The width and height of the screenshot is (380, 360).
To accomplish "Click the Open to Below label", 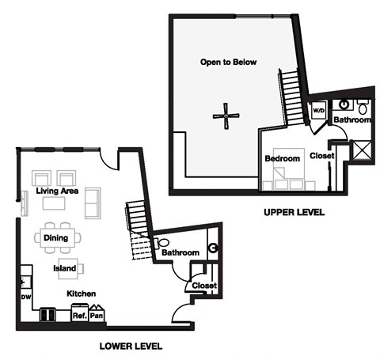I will point(228,62).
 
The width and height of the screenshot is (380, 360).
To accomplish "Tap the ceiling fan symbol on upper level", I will point(226,117).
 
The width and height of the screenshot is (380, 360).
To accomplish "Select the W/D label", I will point(320,111).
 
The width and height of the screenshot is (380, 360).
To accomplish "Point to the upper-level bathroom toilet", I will point(363,105).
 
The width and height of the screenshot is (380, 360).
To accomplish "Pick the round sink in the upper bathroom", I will point(345,104).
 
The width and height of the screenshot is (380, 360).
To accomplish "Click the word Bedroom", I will point(282,159).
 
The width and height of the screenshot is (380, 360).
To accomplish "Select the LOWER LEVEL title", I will point(131,346).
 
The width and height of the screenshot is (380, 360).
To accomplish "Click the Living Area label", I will point(57,191).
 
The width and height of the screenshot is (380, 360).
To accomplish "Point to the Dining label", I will point(56,237).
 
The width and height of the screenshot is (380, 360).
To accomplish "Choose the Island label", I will point(64,268).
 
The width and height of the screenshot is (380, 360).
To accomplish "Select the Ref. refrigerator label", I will point(80,315).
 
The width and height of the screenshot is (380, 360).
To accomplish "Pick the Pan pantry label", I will point(97,315).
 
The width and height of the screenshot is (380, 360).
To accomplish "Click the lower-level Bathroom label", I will point(180,253).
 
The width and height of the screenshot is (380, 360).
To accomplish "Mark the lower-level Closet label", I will point(204,286).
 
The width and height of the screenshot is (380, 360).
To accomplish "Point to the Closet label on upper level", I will point(321,156).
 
